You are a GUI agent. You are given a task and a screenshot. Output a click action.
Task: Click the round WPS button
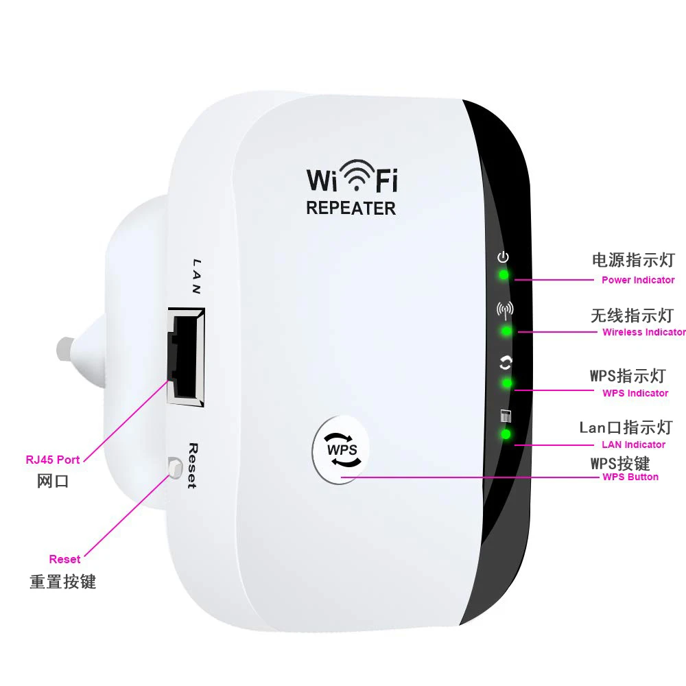(342, 450)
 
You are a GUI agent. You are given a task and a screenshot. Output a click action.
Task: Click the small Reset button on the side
(174, 469)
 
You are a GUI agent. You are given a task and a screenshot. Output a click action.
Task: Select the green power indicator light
(504, 275)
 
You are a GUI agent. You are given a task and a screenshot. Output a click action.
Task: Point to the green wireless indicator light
(506, 331)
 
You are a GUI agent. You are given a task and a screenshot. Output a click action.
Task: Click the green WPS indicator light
(508, 383)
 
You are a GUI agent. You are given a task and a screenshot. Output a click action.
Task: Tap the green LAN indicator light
(506, 434)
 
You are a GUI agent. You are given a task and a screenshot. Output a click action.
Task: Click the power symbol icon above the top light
(504, 257)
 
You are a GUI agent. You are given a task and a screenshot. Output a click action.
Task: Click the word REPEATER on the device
(351, 208)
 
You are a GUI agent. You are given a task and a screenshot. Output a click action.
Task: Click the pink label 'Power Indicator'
(638, 280)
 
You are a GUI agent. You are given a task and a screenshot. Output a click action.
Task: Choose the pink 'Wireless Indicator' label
(643, 332)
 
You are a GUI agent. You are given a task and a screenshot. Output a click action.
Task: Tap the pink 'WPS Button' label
(630, 477)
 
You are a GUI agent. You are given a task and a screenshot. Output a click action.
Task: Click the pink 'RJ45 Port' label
(53, 460)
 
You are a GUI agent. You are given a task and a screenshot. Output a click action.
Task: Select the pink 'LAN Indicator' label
(634, 445)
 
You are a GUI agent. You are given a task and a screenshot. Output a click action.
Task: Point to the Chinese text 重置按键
(62, 582)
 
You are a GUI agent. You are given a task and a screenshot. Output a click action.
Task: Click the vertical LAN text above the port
(196, 276)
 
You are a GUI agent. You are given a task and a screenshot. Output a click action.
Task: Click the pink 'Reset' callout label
(64, 559)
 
